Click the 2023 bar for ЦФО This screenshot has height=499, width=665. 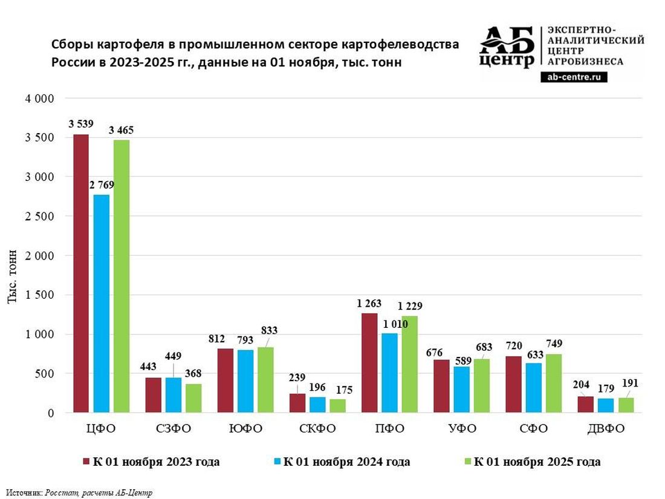point(81,273)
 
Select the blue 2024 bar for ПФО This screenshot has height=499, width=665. point(390,373)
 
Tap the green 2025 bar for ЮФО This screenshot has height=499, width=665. point(265,380)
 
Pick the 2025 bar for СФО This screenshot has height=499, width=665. point(553,383)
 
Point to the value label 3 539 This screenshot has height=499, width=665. point(81,124)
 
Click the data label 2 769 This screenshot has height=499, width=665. point(101,184)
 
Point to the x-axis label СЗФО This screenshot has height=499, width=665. point(174,429)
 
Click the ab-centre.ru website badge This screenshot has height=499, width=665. point(574,77)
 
